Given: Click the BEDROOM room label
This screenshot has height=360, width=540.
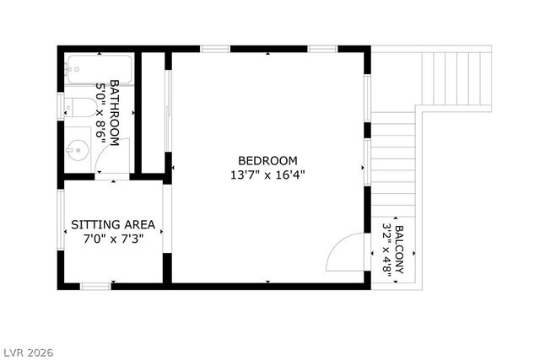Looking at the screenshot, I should click(267, 161).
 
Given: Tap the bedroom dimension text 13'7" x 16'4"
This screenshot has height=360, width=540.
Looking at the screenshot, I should click(267, 175).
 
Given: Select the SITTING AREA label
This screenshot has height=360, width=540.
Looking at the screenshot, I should click(113, 225).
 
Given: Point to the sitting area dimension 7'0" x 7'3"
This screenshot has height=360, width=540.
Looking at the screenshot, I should click(113, 239).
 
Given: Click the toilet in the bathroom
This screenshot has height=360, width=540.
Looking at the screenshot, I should click(80, 106).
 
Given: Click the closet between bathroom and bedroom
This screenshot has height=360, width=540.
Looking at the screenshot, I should click(153, 113).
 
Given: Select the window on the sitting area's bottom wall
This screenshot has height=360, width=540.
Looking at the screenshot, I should click(95, 287).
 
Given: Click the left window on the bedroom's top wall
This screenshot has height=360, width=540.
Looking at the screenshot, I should click(215, 49).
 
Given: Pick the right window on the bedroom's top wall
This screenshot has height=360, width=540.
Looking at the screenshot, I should click(322, 49).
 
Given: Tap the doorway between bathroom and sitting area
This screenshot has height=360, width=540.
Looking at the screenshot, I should click(111, 177).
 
